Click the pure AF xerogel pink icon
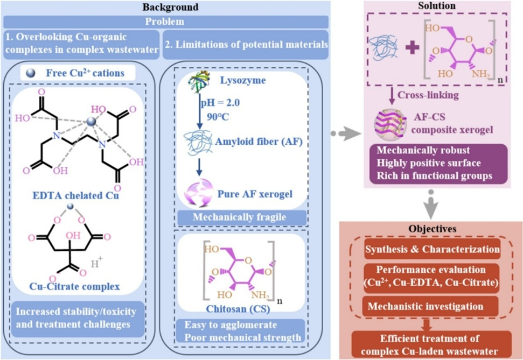click(x=200, y=191)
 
